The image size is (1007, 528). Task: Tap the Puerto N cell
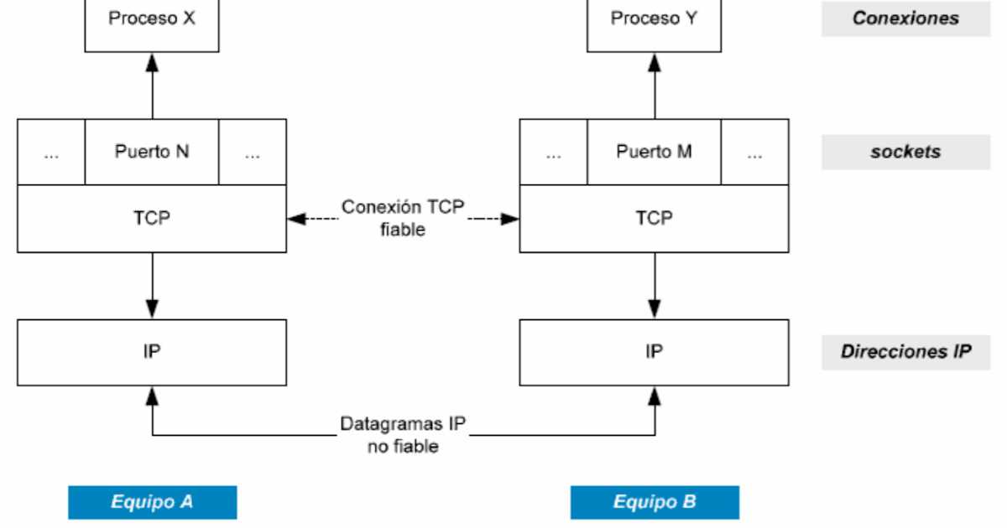pos(152,152)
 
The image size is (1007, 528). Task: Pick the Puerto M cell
pos(655,152)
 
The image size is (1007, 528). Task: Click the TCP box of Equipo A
pos(152,218)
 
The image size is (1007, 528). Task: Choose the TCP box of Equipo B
pos(655,218)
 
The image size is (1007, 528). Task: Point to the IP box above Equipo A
pos(152,352)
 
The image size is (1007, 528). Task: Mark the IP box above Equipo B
pos(655,352)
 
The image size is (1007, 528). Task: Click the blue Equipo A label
pos(152,502)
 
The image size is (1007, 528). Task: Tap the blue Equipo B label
pos(655,502)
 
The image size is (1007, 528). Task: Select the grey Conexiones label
pos(905,18)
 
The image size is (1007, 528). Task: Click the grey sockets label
pos(905,152)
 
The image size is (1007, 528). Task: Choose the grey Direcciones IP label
pos(905,352)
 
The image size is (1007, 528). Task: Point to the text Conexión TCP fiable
pos(403,218)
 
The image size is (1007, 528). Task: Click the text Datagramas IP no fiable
pos(403,435)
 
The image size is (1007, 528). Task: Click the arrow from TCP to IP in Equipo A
pos(152,285)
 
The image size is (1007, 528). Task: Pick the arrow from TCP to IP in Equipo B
pos(655,285)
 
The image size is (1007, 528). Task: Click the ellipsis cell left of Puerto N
pos(51,152)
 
